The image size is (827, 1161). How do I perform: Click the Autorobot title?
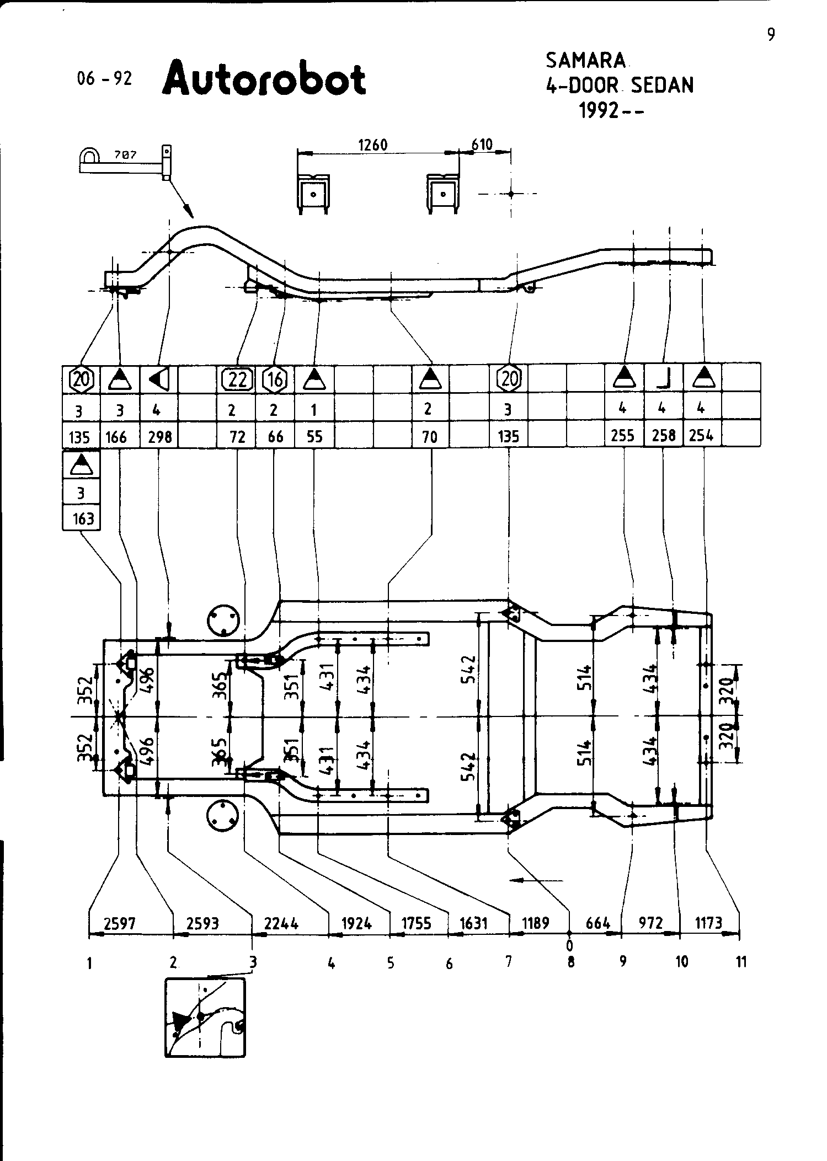pos(264,79)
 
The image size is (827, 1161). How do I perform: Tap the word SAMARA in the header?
pos(586,60)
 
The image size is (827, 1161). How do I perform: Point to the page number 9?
pos(771,35)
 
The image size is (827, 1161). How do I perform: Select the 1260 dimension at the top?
pos(373,145)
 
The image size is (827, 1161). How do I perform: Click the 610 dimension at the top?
pos(482,145)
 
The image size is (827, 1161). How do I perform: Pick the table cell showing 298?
pos(159,437)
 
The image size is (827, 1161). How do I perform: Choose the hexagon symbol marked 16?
pos(275,379)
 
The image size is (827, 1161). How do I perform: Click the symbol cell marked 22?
pos(237,379)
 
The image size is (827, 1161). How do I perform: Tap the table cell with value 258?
pos(663,436)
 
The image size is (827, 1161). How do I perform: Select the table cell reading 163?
pos(82,519)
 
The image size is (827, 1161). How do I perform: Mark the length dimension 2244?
pos(281,923)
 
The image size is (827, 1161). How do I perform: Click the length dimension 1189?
pos(536,923)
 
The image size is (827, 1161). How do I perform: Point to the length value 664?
pos(597,923)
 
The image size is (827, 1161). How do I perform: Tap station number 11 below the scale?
pos(741,962)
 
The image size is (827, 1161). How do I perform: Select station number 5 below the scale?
pos(391,963)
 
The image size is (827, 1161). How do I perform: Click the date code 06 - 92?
pos(105,79)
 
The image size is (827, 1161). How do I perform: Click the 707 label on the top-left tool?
pos(125,156)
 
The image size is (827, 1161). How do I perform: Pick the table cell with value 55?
pos(314,437)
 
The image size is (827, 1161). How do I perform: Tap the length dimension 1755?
pos(416,923)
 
